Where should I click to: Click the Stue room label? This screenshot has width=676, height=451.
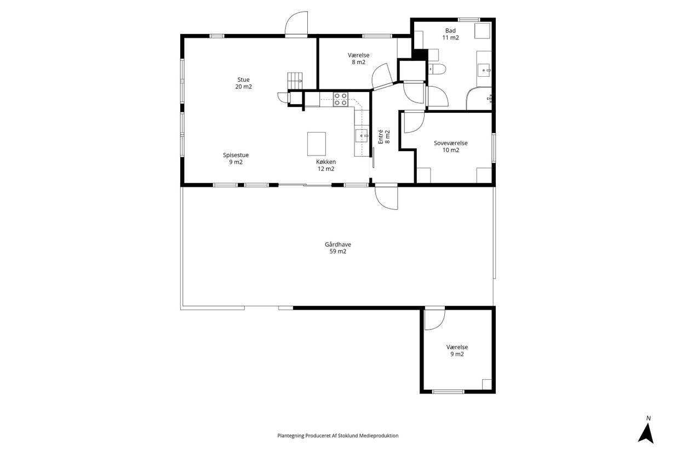(x=243, y=79)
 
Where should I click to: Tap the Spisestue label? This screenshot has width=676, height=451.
(x=236, y=155)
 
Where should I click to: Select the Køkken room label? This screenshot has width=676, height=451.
(x=326, y=162)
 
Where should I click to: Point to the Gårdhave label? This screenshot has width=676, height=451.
(x=337, y=244)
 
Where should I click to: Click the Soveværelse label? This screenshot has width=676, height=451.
(x=450, y=143)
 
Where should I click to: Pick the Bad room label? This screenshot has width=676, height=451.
(x=450, y=31)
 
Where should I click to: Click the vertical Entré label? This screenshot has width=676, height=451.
(x=381, y=137)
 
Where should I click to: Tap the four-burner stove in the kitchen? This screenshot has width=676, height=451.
(x=340, y=99)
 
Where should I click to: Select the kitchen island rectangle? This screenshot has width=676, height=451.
(x=317, y=144)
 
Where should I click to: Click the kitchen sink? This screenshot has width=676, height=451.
(x=362, y=136)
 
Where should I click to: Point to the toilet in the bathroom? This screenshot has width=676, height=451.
(x=437, y=69)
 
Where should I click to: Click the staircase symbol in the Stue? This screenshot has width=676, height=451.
(x=295, y=81)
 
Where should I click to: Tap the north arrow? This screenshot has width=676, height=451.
(x=645, y=434)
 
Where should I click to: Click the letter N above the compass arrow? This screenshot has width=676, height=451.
(x=648, y=419)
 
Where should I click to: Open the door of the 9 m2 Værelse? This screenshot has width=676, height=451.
(x=434, y=319)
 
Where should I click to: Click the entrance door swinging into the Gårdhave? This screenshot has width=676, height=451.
(x=386, y=198)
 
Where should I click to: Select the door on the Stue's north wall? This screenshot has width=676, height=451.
(x=296, y=24)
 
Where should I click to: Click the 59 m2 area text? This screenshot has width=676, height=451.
(x=337, y=252)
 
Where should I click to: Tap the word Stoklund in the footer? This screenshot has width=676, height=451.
(x=348, y=436)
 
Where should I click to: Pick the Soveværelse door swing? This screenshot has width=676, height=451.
(x=414, y=122)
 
